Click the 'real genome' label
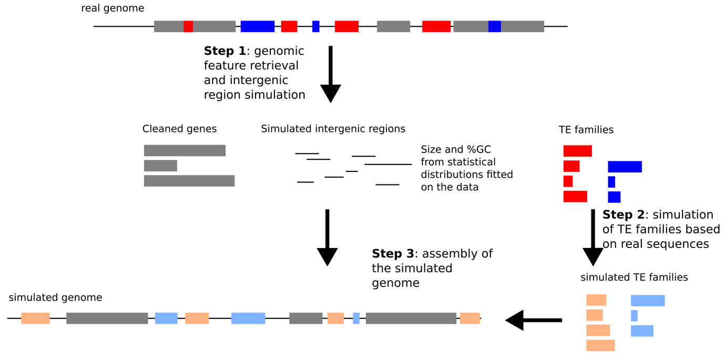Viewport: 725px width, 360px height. tap(113, 8)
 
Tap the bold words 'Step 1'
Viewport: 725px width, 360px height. tap(225, 51)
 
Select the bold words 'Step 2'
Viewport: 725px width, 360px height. tap(624, 215)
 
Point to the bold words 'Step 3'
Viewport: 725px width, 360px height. tap(393, 254)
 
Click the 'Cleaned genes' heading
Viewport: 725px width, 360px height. tap(179, 129)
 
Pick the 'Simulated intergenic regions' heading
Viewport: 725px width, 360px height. tap(333, 129)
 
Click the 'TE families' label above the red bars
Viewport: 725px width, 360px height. tap(586, 130)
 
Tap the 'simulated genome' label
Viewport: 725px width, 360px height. tap(55, 297)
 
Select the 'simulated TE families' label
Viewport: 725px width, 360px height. tap(634, 277)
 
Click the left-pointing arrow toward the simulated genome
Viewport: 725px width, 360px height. tap(534, 320)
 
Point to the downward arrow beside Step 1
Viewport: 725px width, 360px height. tap(331, 75)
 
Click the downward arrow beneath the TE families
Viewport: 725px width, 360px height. tap(593, 238)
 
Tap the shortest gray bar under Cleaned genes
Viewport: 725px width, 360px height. tap(160, 166)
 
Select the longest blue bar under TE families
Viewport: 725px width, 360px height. tap(625, 167)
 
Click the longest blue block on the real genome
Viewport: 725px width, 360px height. tap(258, 26)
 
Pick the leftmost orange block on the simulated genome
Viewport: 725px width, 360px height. tap(36, 318)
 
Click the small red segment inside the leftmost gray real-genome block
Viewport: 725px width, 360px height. tap(188, 26)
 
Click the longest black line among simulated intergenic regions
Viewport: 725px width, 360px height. tap(388, 164)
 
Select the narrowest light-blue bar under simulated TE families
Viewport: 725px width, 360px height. tap(634, 316)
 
